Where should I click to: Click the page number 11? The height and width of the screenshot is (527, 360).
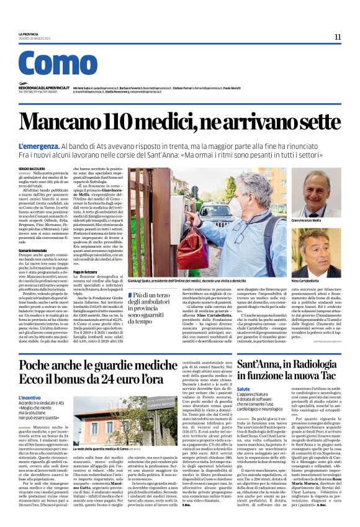tap(338, 37)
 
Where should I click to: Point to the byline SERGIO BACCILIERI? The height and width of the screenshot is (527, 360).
tap(31, 168)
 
